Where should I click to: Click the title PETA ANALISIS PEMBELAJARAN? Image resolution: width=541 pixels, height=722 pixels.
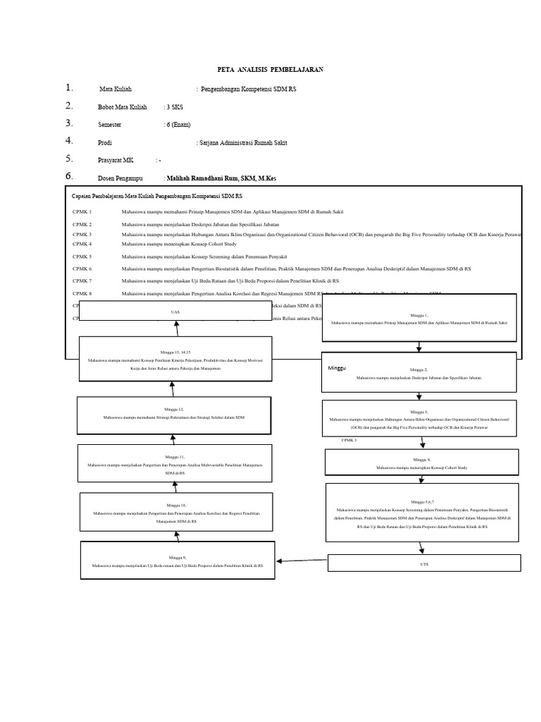270,70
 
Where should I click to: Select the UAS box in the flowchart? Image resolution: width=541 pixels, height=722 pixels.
175,311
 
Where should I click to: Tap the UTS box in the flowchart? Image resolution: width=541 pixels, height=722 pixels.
424,563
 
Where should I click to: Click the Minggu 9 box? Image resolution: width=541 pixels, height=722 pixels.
177,561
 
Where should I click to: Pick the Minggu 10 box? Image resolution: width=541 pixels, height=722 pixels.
177,513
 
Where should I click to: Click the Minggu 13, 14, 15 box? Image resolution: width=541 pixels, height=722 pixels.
174,360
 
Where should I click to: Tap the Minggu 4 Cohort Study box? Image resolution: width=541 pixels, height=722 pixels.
421,463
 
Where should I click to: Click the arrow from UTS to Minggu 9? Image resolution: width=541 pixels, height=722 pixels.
302,561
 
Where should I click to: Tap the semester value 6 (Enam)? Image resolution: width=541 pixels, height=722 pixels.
178,124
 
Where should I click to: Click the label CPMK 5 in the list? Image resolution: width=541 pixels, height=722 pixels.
82,257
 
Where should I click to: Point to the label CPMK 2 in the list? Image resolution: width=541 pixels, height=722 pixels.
82,224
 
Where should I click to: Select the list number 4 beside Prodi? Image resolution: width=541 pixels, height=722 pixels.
69,141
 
